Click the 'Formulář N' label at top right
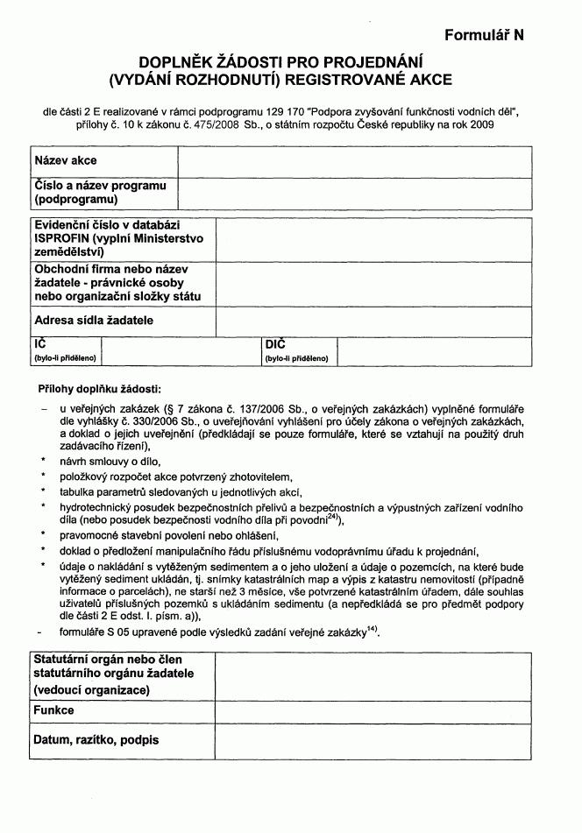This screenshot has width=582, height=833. (483, 36)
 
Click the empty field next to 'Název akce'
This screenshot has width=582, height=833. (354, 161)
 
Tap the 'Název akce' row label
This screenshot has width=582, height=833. (66, 161)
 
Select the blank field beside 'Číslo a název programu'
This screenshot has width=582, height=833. (354, 193)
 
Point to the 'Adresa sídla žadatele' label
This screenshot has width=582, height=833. (94, 321)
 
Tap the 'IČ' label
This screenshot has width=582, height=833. (40, 345)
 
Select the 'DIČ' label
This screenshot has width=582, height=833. (275, 345)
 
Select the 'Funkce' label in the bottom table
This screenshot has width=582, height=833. (53, 710)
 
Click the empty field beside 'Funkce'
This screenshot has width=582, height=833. (373, 710)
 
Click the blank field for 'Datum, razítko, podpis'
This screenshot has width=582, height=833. (373, 741)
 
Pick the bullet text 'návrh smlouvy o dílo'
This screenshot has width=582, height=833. (110, 461)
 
